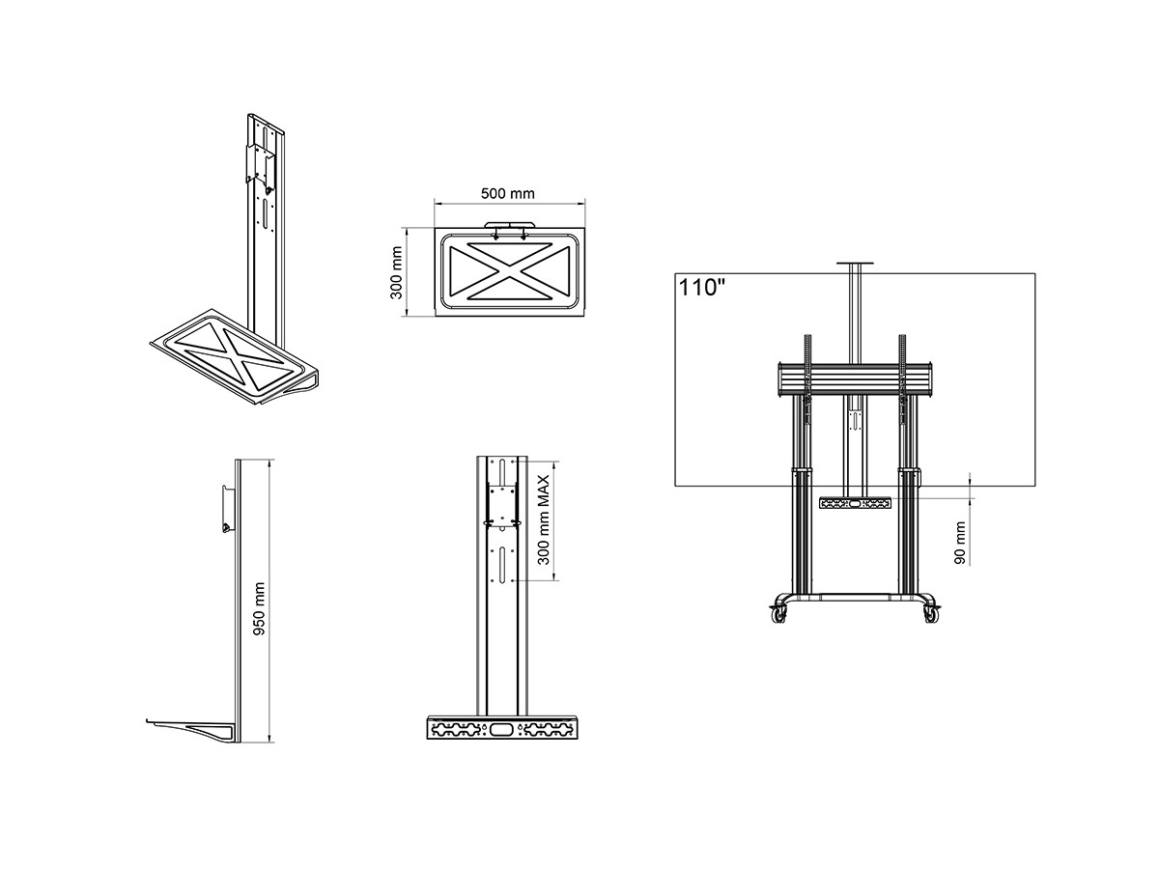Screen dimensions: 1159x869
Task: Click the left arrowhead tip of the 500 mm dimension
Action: click(435, 202)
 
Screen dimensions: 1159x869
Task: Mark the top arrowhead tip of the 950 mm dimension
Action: click(269, 461)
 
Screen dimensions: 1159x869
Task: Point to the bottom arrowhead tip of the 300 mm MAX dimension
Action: click(554, 581)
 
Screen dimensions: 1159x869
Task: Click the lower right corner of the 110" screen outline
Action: click(1034, 486)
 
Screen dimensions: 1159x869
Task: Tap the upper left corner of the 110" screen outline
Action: click(675, 274)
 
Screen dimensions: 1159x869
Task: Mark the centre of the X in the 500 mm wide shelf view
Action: click(509, 272)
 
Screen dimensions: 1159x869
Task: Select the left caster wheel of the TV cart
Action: click(779, 614)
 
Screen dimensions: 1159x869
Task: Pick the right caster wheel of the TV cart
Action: click(931, 614)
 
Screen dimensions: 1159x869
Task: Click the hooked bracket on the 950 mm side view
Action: click(229, 509)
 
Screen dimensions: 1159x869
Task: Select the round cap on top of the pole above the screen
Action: click(855, 264)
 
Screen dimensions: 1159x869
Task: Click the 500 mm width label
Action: click(507, 194)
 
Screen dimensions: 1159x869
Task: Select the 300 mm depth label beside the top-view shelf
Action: click(396, 272)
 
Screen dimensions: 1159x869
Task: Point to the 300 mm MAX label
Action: click(544, 519)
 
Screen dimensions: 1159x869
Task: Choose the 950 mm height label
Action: click(259, 609)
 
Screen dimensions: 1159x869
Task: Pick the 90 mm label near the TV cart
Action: click(960, 543)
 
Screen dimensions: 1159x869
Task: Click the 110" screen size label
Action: click(702, 288)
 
